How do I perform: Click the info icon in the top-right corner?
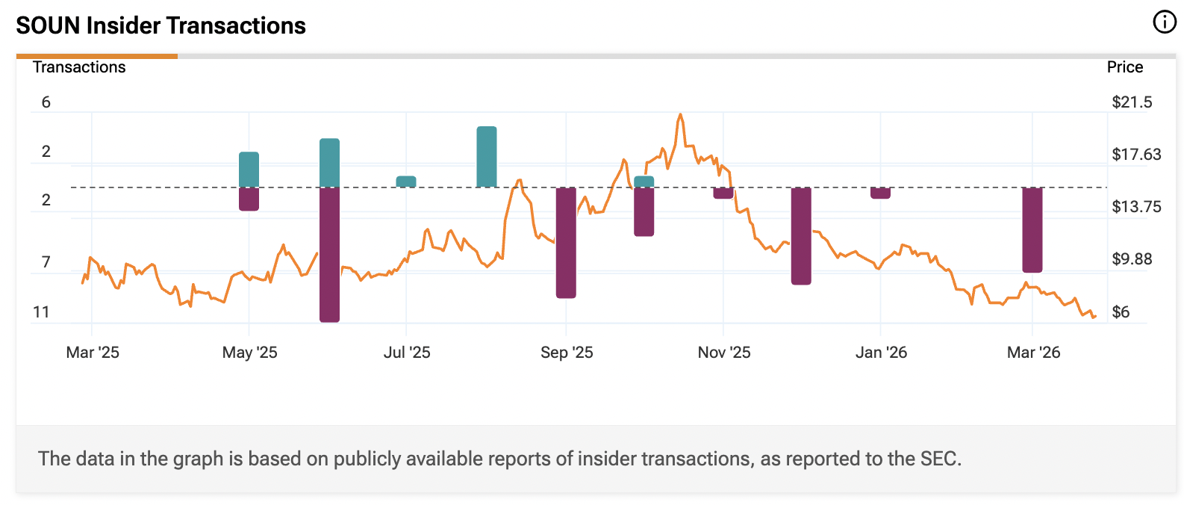pyautogui.click(x=1164, y=22)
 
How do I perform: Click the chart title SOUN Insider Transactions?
pyautogui.click(x=161, y=25)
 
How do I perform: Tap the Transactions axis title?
pyautogui.click(x=79, y=67)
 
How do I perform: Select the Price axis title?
pyautogui.click(x=1124, y=67)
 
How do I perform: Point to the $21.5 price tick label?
pyautogui.click(x=1132, y=102)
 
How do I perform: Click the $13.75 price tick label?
pyautogui.click(x=1136, y=207)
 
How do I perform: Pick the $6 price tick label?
pyautogui.click(x=1121, y=312)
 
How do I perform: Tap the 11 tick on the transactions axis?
pyautogui.click(x=41, y=312)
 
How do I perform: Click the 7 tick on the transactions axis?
pyautogui.click(x=46, y=262)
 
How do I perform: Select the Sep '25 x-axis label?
pyautogui.click(x=567, y=353)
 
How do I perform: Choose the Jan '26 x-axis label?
pyautogui.click(x=881, y=353)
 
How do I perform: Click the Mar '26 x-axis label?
pyautogui.click(x=1033, y=353)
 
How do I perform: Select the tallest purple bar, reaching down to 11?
pyautogui.click(x=329, y=254)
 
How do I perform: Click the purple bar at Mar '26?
pyautogui.click(x=1032, y=229)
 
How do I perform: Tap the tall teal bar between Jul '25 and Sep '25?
pyautogui.click(x=487, y=157)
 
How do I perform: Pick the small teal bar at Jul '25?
pyautogui.click(x=406, y=182)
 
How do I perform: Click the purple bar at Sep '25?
pyautogui.click(x=566, y=242)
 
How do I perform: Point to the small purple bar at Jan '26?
pyautogui.click(x=881, y=193)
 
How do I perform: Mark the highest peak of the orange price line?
pyautogui.click(x=680, y=115)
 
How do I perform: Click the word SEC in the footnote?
pyautogui.click(x=938, y=458)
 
